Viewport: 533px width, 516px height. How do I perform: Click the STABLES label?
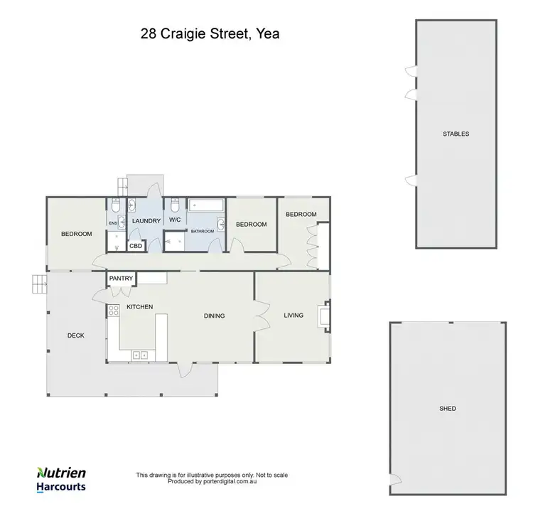(x=456, y=134)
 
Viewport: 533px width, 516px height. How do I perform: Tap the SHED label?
(x=448, y=409)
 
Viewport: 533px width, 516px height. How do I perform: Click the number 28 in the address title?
(x=147, y=33)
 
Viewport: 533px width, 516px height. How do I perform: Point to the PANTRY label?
(x=121, y=279)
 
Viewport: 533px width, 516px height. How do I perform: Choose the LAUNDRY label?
(x=146, y=221)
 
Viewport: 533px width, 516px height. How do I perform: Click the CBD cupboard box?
(x=135, y=246)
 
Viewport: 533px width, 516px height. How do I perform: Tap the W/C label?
(x=176, y=220)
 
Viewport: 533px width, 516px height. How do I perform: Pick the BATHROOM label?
(x=202, y=231)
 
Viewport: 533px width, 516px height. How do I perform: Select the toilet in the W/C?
(x=175, y=206)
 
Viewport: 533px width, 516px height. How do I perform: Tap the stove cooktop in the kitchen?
(x=113, y=310)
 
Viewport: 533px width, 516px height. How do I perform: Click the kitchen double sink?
(x=139, y=354)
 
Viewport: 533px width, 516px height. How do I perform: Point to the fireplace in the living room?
(x=325, y=316)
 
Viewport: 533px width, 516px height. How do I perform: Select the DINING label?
(x=214, y=316)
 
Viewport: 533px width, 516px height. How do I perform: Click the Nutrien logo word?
(x=62, y=473)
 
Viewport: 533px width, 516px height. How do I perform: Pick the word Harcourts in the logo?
(x=61, y=488)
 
